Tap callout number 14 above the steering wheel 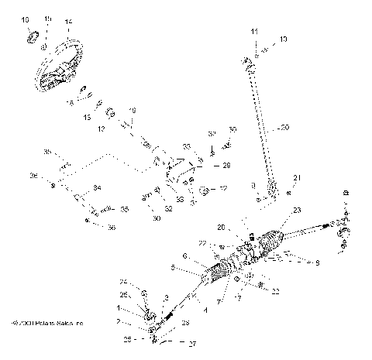(x=68, y=21)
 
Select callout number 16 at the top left (x=26, y=18)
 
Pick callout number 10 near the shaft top (x=283, y=38)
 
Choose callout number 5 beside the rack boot (x=174, y=269)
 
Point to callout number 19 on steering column (x=133, y=111)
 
